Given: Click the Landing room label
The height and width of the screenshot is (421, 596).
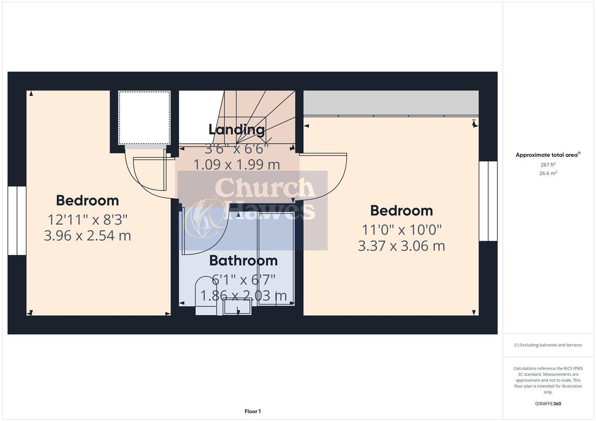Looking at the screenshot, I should coord(237,129).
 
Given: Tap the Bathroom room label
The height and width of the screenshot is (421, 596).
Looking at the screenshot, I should coord(244,260).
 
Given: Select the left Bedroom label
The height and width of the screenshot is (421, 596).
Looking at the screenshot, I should coord(87,200).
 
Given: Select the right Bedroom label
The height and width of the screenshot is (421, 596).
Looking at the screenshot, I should coord(402,210).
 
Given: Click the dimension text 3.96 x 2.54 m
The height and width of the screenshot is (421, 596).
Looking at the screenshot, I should coord(87,235).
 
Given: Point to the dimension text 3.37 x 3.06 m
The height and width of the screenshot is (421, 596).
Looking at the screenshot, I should coord(402,246).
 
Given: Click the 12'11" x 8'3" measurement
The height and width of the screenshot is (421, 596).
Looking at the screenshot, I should coord(87,219).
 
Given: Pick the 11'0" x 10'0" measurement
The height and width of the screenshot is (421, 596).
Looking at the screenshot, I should coord(402,230).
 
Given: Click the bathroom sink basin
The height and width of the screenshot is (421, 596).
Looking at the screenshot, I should coord(237,307).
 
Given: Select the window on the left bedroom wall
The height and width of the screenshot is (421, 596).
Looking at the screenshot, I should coord(17,221).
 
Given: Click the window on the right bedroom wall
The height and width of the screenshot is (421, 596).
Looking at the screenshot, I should coord(488,201).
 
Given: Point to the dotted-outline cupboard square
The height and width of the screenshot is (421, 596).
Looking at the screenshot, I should coord(144,118).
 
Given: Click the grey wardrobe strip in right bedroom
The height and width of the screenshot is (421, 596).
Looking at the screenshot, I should coord(391,103).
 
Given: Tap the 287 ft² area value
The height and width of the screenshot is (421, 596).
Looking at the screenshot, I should coord(548,165).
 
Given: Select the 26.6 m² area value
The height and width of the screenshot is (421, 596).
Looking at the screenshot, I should coord(548,173).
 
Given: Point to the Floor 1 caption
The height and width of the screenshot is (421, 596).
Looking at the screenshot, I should coord(253,411).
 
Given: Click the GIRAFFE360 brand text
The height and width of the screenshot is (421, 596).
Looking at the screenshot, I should coord(548,403).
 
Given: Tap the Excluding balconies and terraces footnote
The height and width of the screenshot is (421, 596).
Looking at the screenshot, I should coord(548,345).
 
